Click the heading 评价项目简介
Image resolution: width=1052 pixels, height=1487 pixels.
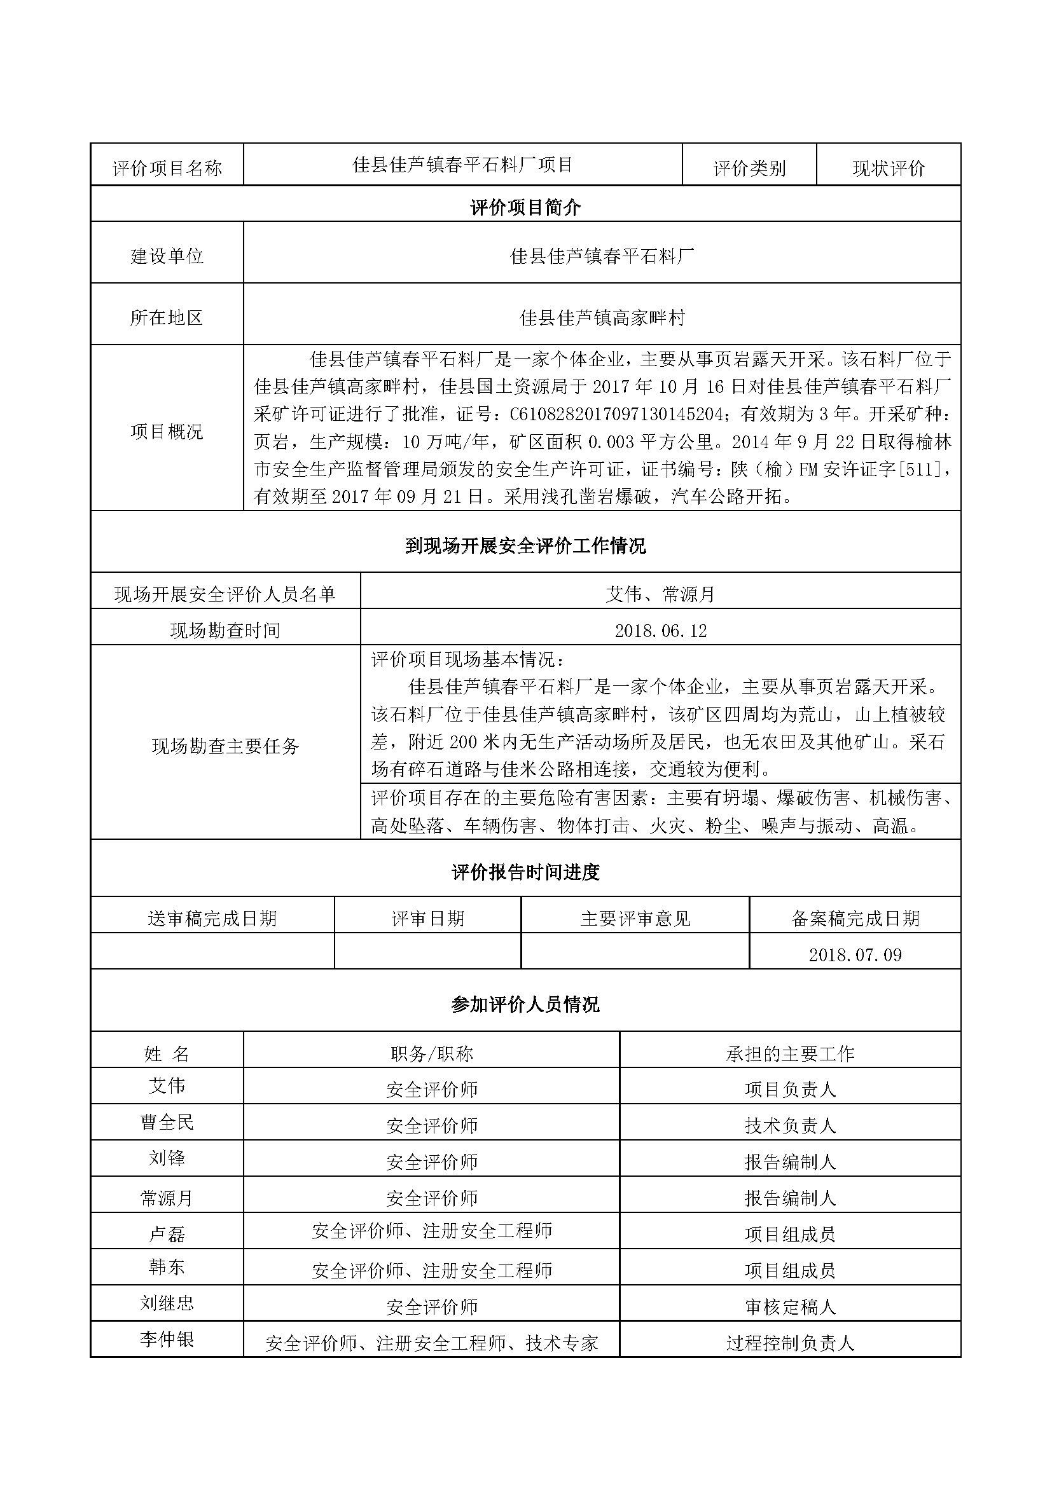[525, 208]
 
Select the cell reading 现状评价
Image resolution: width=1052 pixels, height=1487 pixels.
[888, 168]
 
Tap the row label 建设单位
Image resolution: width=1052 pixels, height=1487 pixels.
[167, 256]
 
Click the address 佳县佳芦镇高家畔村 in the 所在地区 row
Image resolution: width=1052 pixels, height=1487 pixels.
[602, 317]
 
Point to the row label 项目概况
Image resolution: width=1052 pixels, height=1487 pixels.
[167, 430]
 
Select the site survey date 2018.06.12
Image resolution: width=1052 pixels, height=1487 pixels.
[660, 630]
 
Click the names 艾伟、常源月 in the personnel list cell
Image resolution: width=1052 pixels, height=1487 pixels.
[660, 594]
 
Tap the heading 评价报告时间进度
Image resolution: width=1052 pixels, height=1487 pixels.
[525, 872]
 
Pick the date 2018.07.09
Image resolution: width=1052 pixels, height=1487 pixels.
[854, 955]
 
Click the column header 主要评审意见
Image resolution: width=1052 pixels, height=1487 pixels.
[635, 919]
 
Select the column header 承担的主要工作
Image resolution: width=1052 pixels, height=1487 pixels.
[790, 1053]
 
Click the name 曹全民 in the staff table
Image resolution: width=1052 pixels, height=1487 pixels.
[167, 1122]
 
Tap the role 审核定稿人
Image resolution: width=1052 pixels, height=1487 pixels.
[790, 1307]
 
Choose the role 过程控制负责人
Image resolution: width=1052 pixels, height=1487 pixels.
[790, 1343]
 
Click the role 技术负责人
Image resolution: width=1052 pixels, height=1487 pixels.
[790, 1126]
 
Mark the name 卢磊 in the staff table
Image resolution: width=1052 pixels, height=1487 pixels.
[167, 1234]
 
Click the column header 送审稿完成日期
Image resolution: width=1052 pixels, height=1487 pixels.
[212, 919]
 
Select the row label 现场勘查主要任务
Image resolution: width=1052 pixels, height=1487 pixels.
[225, 746]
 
